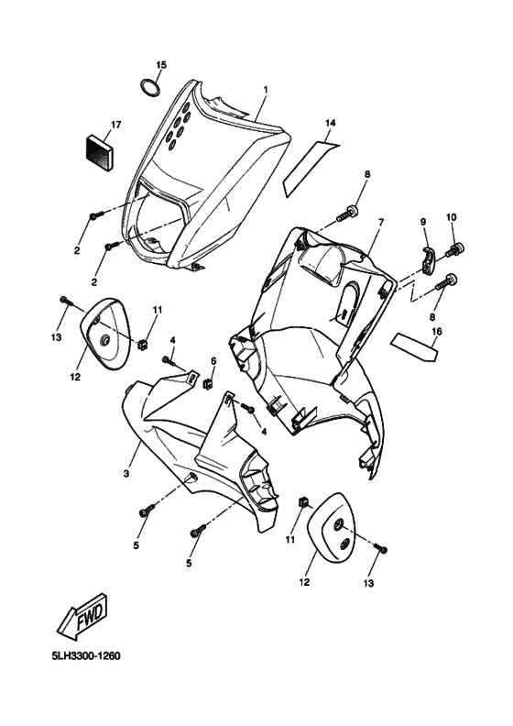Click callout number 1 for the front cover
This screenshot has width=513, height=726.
(x=265, y=90)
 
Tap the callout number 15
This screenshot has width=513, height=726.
(x=161, y=65)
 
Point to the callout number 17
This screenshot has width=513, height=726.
(x=115, y=124)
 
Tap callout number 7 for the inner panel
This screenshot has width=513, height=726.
(x=380, y=223)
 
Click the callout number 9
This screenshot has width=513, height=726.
(x=423, y=223)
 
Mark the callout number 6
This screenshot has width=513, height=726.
(x=213, y=361)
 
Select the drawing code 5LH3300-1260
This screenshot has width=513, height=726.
(x=87, y=657)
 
